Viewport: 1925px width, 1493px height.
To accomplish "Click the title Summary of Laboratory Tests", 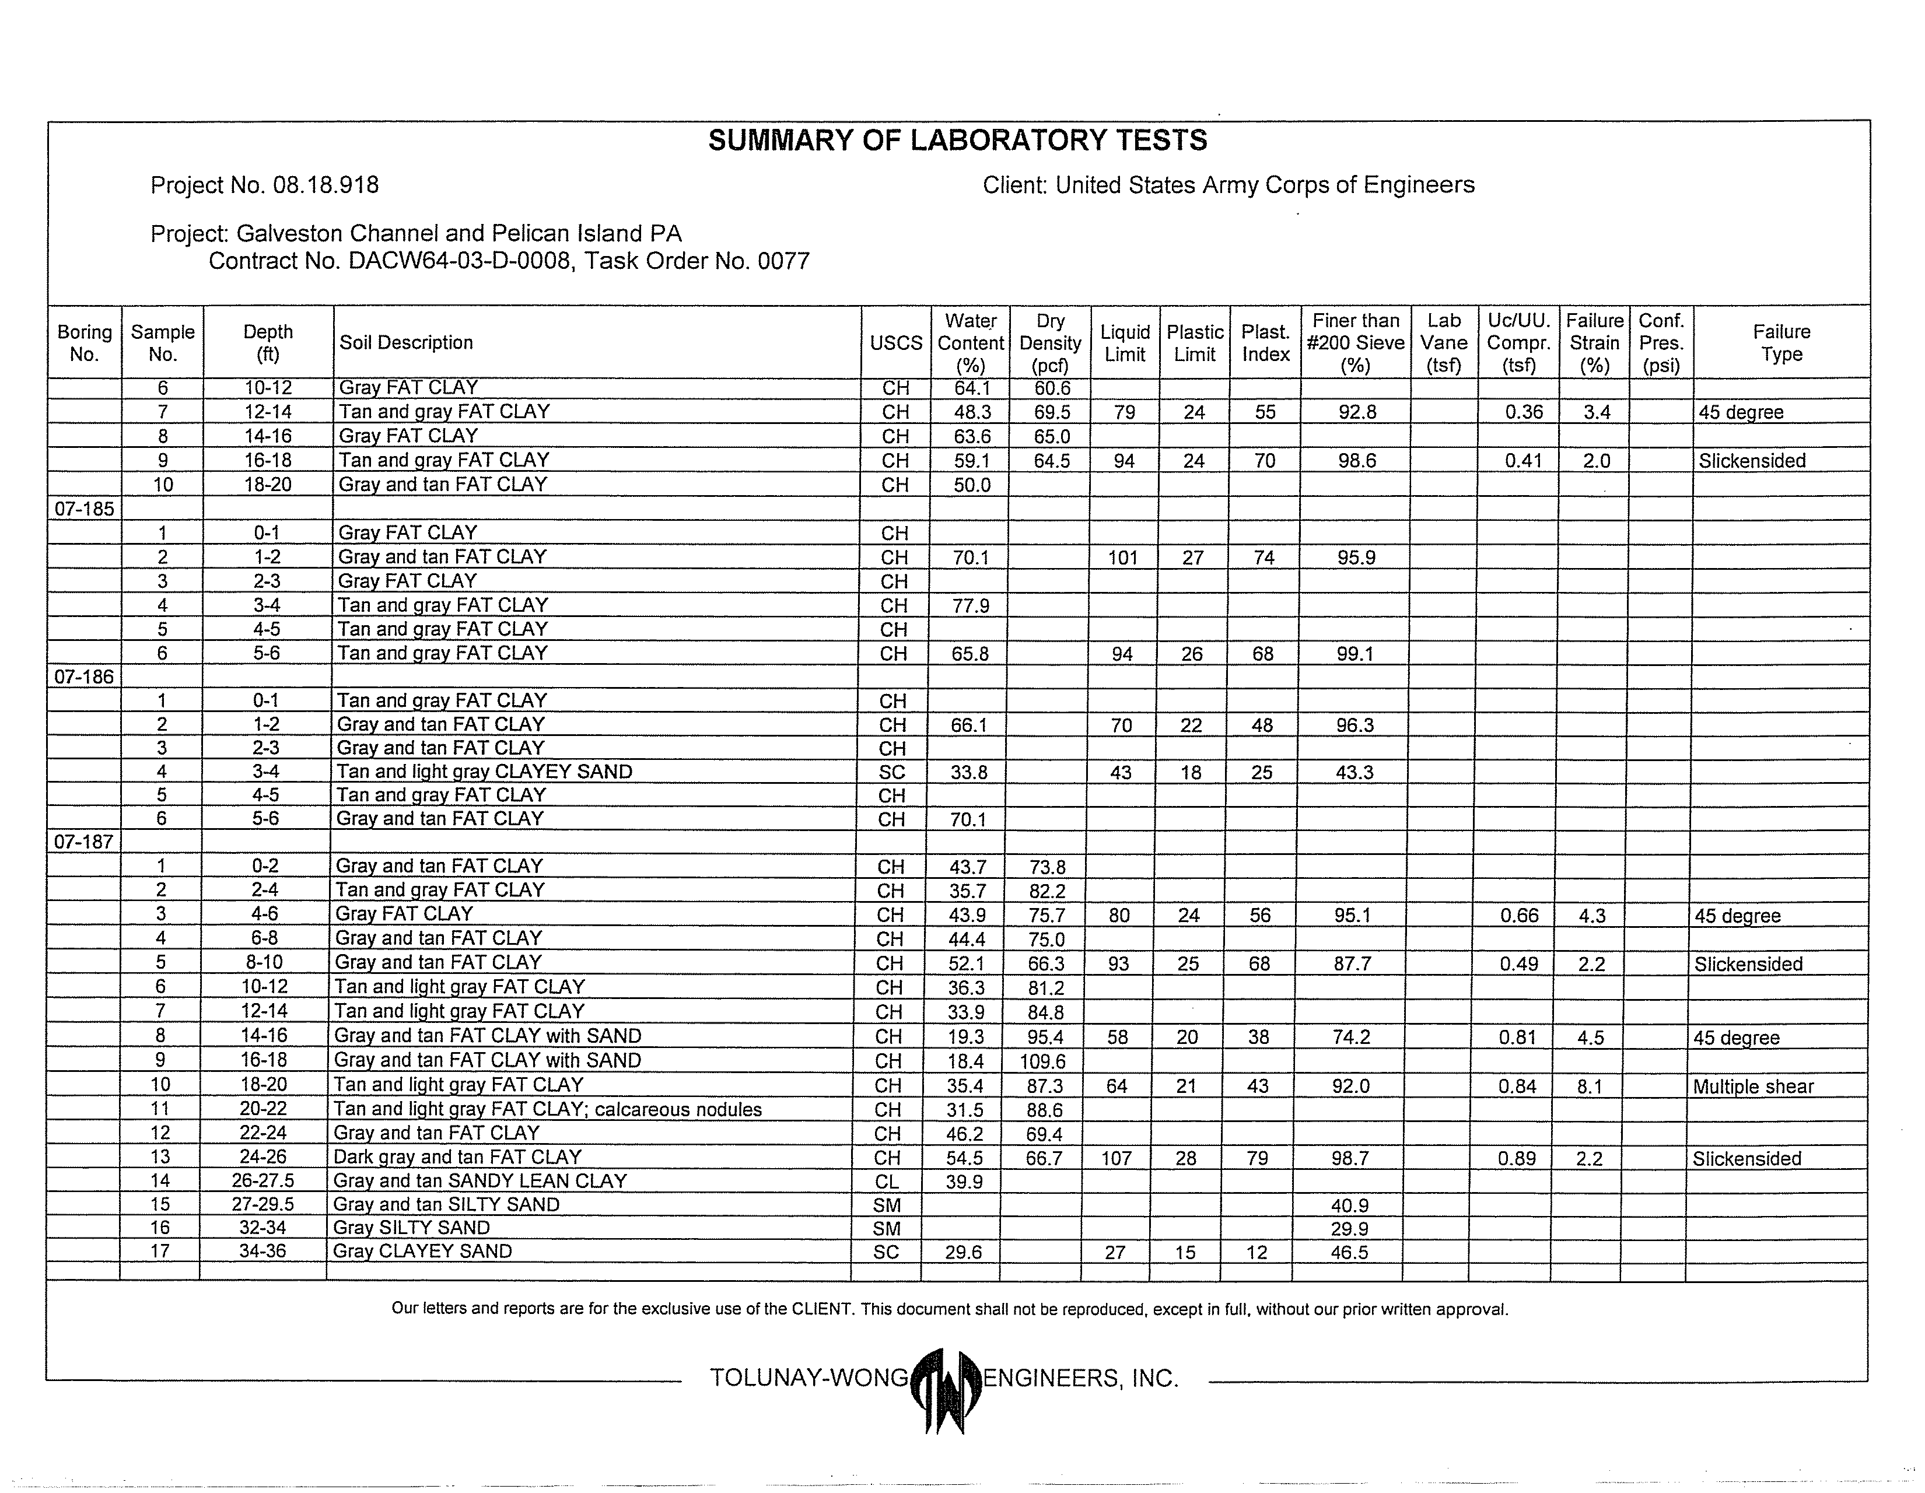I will point(957,140).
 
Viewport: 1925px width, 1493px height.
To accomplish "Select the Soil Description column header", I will point(407,343).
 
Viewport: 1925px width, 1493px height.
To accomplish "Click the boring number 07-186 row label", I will point(84,677).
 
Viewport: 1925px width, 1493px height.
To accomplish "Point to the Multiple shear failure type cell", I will point(1752,1087).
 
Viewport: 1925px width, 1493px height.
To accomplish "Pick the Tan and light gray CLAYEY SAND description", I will point(484,772).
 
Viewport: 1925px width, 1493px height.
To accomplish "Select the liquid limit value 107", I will point(1116,1158).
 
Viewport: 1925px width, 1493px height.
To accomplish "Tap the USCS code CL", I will point(887,1182).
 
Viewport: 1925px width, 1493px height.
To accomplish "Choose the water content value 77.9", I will point(971,605).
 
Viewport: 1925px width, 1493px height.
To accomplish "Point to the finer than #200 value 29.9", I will point(1349,1229).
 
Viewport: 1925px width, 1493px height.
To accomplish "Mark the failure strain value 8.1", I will point(1590,1087).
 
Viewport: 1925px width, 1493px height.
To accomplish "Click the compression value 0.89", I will point(1517,1158).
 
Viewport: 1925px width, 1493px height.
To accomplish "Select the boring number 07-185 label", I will point(84,509).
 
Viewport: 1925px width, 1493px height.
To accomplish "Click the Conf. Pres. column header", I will point(1661,343).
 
